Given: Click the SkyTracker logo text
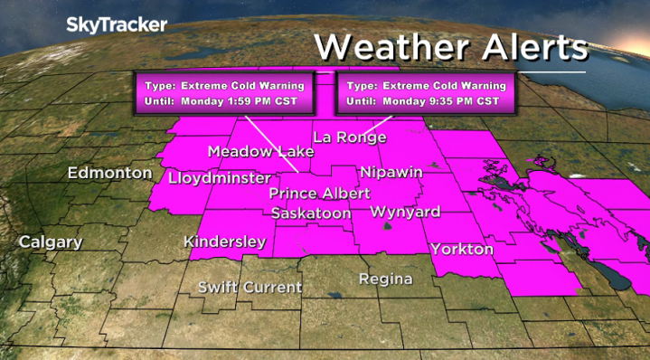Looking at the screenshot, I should click(x=117, y=25).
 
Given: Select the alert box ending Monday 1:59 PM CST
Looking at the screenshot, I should click(x=224, y=92).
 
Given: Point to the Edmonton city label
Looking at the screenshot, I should click(x=109, y=172).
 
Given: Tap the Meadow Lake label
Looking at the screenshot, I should click(x=261, y=151).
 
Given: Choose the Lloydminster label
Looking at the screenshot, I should click(x=220, y=178).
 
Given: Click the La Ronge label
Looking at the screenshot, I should click(x=350, y=137).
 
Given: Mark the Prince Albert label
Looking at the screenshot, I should click(x=319, y=194).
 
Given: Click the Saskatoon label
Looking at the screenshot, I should click(x=312, y=213).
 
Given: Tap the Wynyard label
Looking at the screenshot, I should click(x=405, y=213).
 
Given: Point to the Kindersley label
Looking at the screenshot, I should click(x=224, y=242).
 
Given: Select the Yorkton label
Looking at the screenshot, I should click(x=462, y=249).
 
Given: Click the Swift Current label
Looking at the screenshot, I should click(x=250, y=288).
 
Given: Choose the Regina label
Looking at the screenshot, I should click(x=385, y=279).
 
